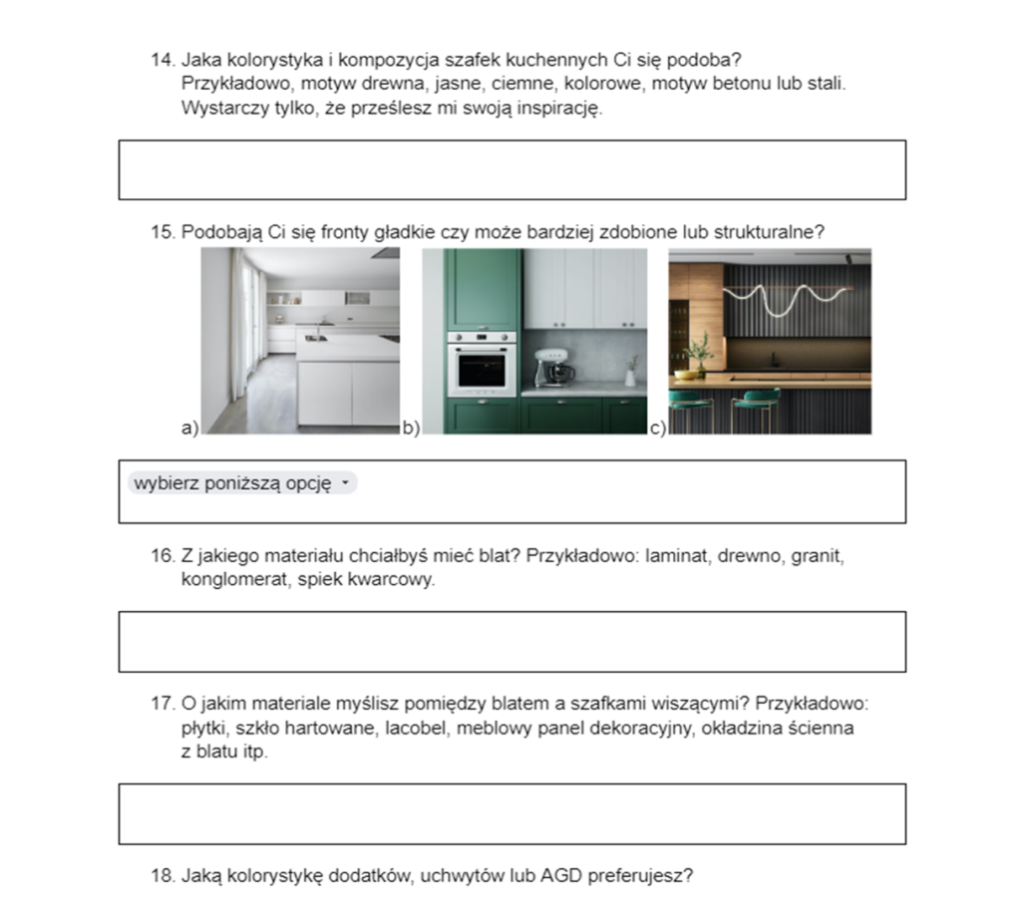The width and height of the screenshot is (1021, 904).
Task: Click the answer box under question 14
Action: (x=511, y=169)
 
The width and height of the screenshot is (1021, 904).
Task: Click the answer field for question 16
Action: (x=511, y=641)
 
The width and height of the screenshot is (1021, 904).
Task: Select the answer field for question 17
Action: (x=511, y=813)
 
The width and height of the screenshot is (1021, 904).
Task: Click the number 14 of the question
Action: (x=162, y=60)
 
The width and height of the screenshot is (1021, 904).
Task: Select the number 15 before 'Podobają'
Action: (x=162, y=232)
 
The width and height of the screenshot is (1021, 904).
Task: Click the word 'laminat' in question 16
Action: (x=675, y=555)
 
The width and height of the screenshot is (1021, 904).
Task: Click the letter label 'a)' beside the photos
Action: (x=189, y=428)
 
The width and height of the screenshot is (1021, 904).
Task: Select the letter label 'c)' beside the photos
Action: (x=657, y=429)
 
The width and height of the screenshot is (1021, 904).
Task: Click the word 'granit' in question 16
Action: (x=818, y=555)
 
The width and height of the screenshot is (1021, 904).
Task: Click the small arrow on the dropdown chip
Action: (x=345, y=483)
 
